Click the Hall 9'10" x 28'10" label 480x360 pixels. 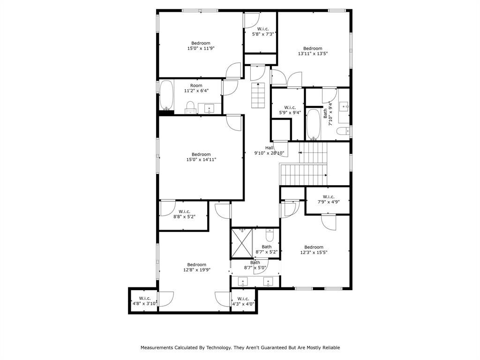(x=269, y=150)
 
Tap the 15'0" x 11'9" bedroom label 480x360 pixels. (x=201, y=45)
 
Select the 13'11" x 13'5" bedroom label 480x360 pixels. (x=313, y=51)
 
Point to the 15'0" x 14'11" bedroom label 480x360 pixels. (x=201, y=157)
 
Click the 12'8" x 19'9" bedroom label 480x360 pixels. (x=197, y=267)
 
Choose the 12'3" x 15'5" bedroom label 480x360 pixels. (x=314, y=250)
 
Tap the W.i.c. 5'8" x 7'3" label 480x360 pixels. (x=263, y=31)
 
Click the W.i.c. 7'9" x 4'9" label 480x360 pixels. (x=328, y=199)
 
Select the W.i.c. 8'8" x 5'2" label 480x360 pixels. (x=184, y=214)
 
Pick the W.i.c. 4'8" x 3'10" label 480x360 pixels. (x=144, y=301)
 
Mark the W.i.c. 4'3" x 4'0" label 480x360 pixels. (x=243, y=301)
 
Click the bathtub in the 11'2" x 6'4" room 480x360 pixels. (x=166, y=95)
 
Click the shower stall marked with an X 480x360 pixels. (x=242, y=243)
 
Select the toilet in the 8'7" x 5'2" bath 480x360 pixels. (x=270, y=234)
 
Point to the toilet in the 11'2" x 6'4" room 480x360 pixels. (x=191, y=107)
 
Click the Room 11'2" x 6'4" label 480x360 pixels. (x=196, y=88)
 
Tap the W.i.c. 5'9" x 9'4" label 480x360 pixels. (x=286, y=110)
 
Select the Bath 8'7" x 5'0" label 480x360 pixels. (x=255, y=265)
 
